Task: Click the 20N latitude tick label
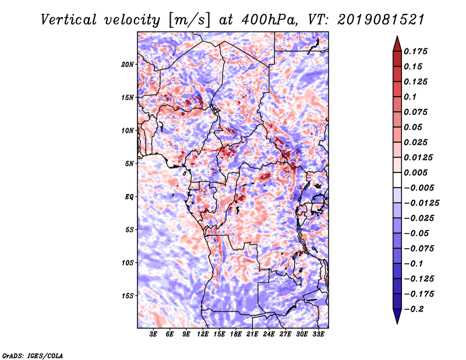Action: click(x=128, y=65)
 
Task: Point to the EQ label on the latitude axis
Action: click(x=129, y=197)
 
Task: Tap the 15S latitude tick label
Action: click(x=128, y=296)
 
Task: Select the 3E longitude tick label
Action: click(x=153, y=334)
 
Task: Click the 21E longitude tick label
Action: click(x=252, y=334)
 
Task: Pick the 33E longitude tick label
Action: click(x=318, y=334)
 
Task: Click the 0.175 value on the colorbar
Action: click(x=415, y=51)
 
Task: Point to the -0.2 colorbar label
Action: click(x=414, y=309)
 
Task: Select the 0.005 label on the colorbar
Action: click(x=415, y=172)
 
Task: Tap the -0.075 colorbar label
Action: click(x=419, y=249)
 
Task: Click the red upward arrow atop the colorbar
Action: click(x=397, y=44)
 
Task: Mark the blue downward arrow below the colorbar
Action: click(x=397, y=316)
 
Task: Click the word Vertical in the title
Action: click(x=69, y=20)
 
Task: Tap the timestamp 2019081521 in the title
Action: click(x=381, y=20)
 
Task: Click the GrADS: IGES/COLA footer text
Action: click(x=33, y=356)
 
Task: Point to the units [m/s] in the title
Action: click(x=189, y=20)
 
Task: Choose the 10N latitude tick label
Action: click(x=128, y=130)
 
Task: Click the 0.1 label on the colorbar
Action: click(x=410, y=97)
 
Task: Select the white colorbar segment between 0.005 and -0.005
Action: click(x=397, y=180)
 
